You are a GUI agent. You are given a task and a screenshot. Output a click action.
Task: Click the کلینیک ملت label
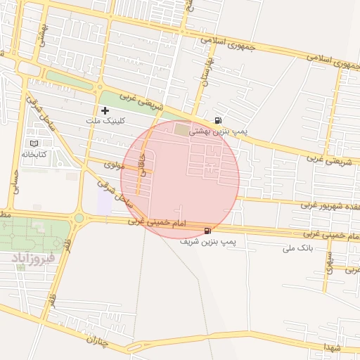click(104, 122)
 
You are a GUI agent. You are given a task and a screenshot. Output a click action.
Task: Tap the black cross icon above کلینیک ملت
click(105, 110)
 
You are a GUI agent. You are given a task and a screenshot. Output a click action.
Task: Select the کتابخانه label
click(34, 153)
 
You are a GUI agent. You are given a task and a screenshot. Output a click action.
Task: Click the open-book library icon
click(34, 143)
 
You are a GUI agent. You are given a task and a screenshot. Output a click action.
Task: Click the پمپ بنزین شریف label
click(210, 241)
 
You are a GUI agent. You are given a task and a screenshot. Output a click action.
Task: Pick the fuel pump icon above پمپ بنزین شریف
click(207, 230)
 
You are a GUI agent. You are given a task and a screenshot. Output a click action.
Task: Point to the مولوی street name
click(114, 165)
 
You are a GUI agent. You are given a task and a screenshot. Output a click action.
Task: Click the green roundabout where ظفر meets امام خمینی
click(79, 219)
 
